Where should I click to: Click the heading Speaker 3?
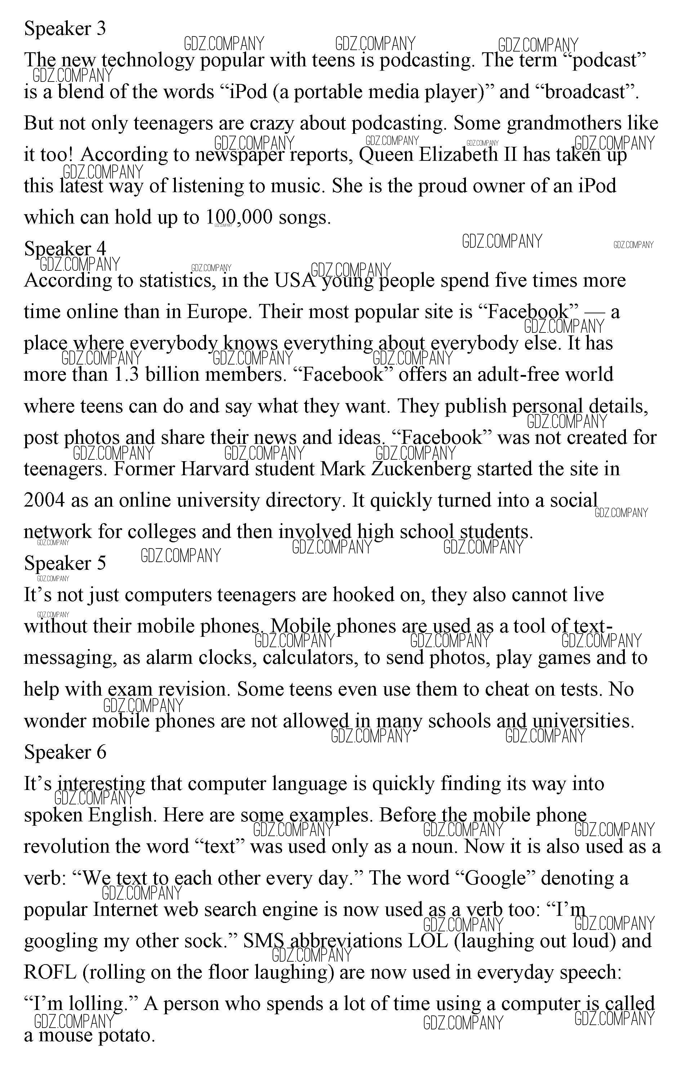pyautogui.click(x=65, y=29)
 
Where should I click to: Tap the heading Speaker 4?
pyautogui.click(x=65, y=248)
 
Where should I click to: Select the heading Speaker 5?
pyautogui.click(x=65, y=563)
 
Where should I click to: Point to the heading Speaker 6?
pyautogui.click(x=65, y=752)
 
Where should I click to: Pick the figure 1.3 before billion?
pyautogui.click(x=126, y=374)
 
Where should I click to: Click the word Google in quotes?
pyautogui.click(x=495, y=878)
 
